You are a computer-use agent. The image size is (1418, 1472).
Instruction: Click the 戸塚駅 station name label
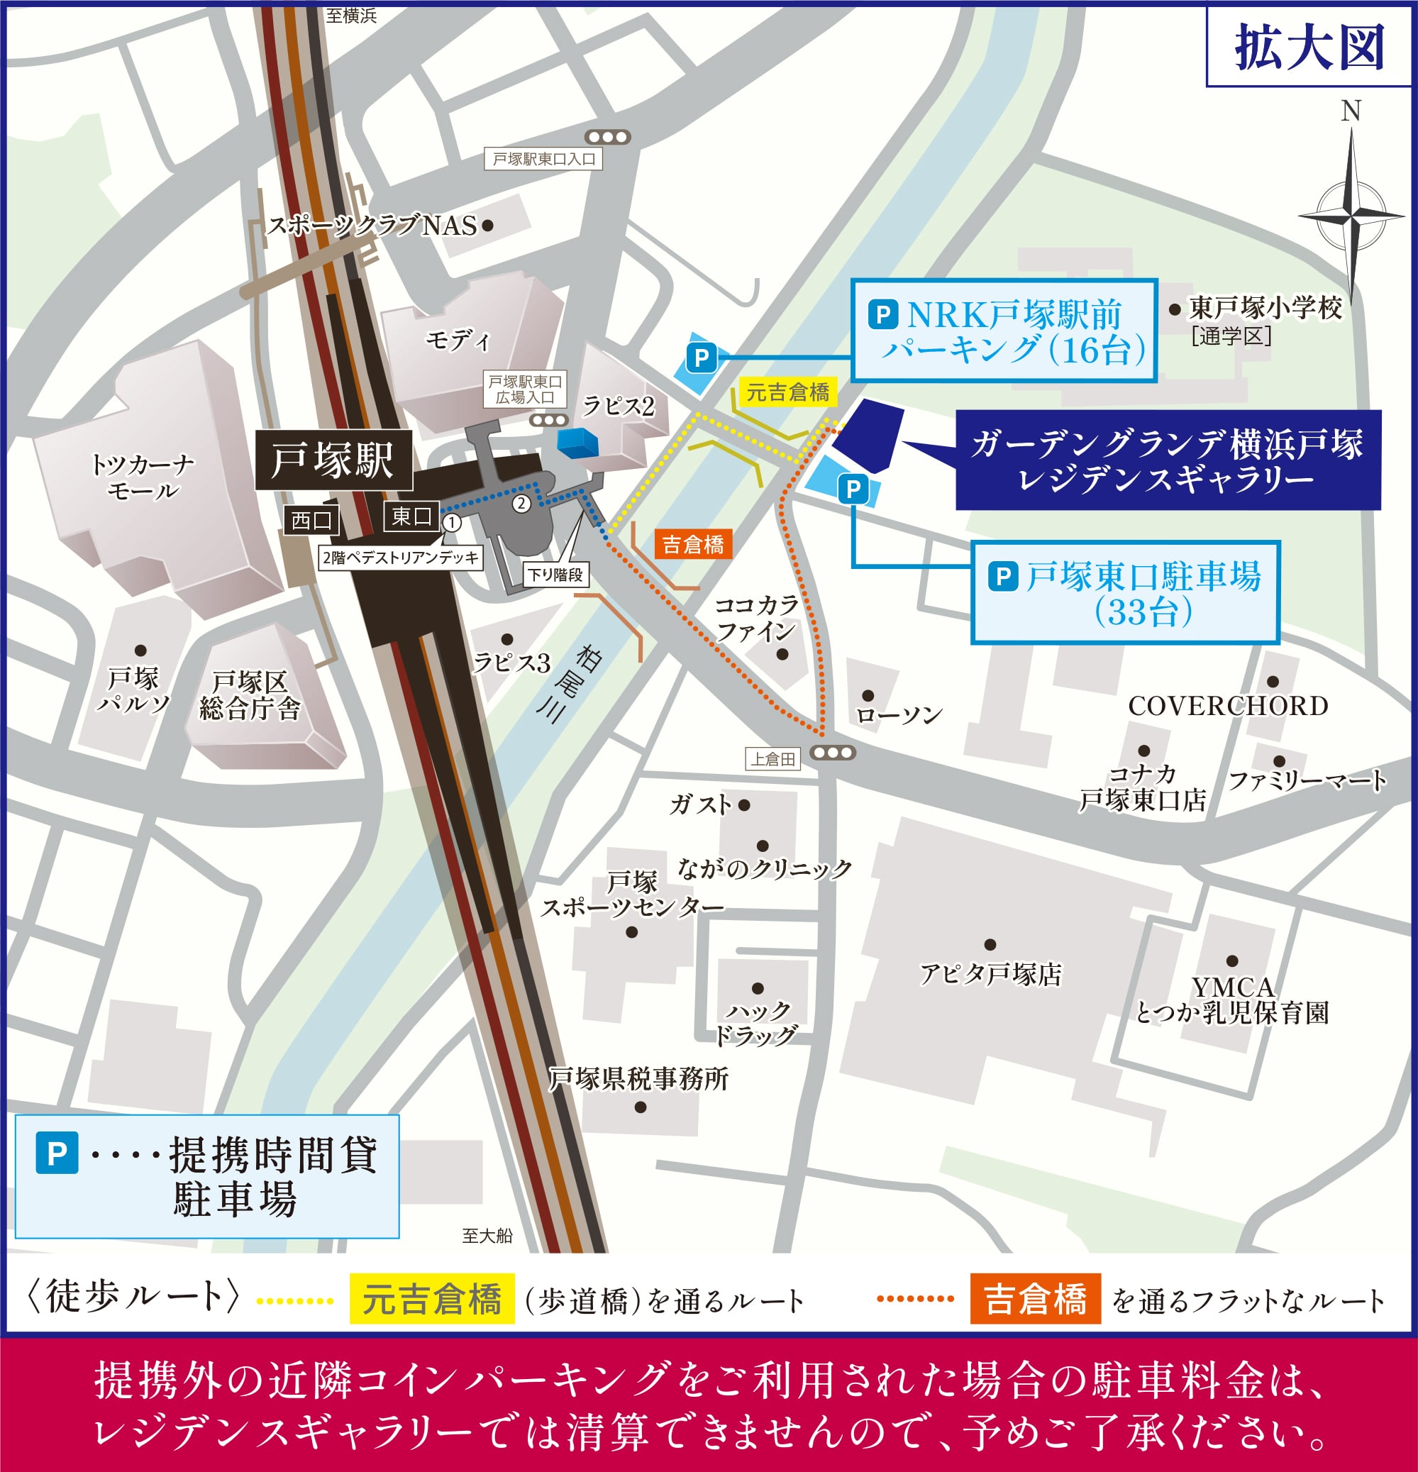[333, 460]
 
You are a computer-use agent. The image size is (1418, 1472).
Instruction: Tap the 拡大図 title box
[1309, 47]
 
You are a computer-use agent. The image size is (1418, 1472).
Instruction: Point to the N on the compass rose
[1351, 111]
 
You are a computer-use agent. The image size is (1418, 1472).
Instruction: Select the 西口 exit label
[311, 520]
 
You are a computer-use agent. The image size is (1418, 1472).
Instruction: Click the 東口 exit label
[411, 516]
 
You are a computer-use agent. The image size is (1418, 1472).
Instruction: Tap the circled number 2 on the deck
[521, 503]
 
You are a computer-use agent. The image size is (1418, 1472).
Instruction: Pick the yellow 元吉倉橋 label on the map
[787, 392]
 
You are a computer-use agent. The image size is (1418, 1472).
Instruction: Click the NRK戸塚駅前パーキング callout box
[1004, 331]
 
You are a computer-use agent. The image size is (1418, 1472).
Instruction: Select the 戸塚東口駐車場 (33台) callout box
[1124, 592]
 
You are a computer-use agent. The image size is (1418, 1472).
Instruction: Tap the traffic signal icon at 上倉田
[833, 752]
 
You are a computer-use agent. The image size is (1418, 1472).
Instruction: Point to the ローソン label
[899, 714]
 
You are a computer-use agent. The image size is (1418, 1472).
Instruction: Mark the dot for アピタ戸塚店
[990, 944]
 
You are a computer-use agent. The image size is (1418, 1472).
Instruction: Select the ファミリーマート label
[1307, 780]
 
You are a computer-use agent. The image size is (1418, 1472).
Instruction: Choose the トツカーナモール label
[142, 477]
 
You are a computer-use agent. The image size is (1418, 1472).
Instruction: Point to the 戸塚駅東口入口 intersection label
[543, 159]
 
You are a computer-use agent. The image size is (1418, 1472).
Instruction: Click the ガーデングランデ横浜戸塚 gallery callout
[1167, 460]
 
